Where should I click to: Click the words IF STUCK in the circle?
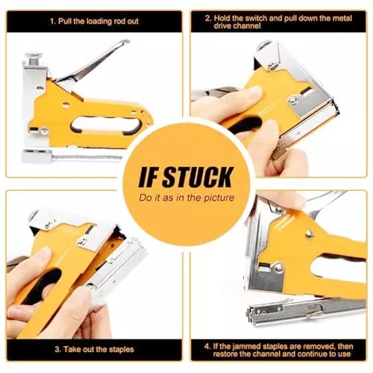186,177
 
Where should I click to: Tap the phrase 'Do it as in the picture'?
186,198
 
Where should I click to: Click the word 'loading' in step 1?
99,22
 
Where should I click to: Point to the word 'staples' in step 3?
121,349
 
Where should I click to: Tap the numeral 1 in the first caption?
52,21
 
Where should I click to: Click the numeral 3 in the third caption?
57,349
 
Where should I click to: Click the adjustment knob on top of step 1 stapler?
33,59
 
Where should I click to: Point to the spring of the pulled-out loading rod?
87,157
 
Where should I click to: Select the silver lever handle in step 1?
92,62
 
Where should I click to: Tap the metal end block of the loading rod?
37,156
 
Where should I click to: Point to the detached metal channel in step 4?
306,311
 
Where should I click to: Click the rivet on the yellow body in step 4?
309,233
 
